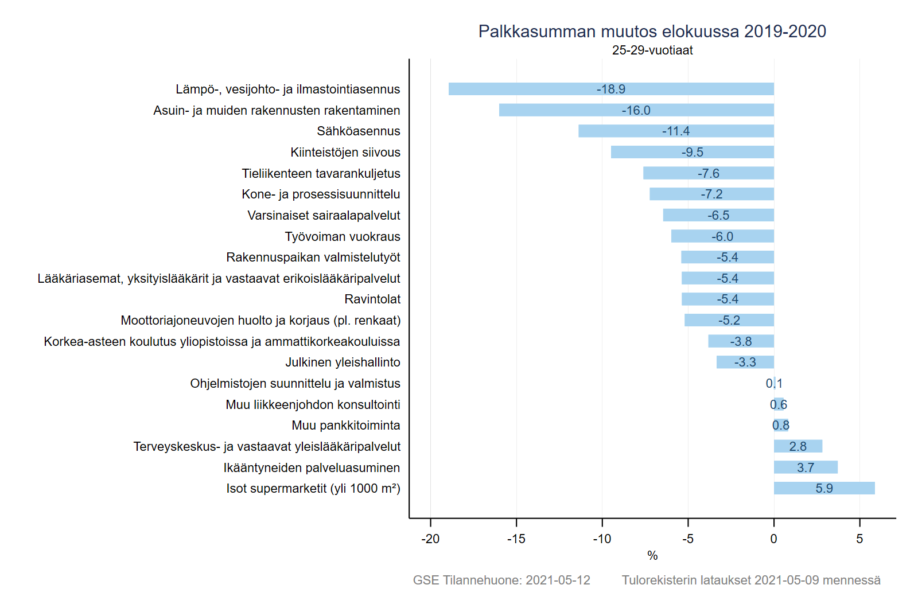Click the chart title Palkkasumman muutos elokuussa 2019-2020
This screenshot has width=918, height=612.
652,32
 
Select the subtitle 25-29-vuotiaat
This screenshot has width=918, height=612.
652,50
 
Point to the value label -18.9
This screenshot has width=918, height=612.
610,89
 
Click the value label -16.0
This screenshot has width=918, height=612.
636,111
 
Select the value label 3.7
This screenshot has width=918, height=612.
805,468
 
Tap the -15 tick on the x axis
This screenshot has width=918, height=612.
516,539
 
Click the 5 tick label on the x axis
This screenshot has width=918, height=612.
859,539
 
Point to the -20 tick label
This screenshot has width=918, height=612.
430,539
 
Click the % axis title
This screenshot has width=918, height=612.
652,556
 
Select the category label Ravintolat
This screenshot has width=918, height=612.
372,299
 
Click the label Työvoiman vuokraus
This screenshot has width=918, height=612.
343,237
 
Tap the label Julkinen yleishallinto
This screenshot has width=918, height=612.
343,362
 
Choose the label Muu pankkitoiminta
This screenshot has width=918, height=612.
345,426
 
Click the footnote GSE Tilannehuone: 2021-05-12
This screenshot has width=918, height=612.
501,580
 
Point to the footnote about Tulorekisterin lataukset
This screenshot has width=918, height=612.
750,580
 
